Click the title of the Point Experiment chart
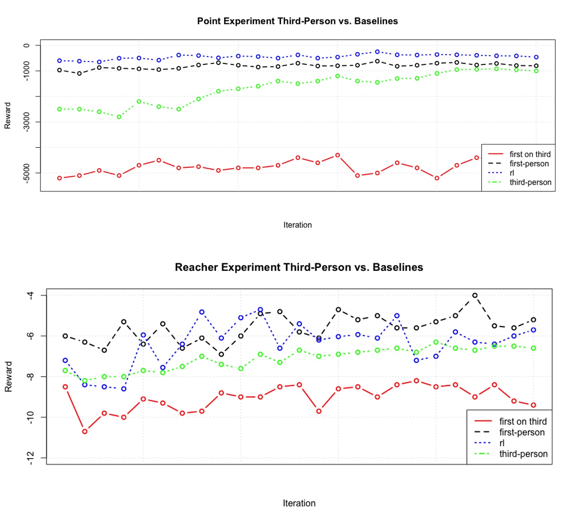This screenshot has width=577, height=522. point(297,21)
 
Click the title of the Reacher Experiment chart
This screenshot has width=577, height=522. point(299,267)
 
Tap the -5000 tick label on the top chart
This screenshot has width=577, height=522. point(27,173)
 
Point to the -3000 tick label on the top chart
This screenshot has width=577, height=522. point(27,122)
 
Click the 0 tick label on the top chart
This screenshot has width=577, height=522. point(27,45)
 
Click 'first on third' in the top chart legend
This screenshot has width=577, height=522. point(530,154)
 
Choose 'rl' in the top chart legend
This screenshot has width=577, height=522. point(512,173)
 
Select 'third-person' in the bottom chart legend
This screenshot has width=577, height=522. point(523,454)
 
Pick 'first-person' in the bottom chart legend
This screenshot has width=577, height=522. point(522,432)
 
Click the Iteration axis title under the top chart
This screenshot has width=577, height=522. point(297,225)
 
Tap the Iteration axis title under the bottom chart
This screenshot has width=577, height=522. point(299,503)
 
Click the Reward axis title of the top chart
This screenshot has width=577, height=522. point(8,115)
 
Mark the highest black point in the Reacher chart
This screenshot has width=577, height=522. point(475,295)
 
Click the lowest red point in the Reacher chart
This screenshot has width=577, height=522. point(85,432)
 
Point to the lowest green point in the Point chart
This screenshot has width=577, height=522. point(119,117)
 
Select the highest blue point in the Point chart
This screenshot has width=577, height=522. point(377,52)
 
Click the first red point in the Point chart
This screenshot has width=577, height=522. point(59,178)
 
